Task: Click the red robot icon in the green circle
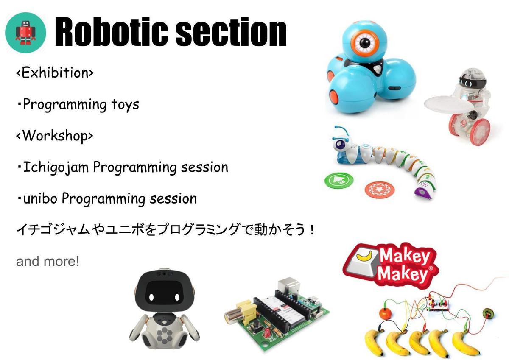pos(25,33)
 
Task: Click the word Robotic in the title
pos(111,32)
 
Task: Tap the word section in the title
pos(231,32)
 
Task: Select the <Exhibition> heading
pos(55,73)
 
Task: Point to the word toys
pos(125,105)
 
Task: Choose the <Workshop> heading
pos(55,136)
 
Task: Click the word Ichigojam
pos(56,167)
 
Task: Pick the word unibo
pos(40,198)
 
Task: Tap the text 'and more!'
pos(48,261)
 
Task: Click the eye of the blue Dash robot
pos(365,43)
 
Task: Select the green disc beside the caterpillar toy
pos(339,180)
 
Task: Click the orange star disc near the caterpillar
pos(380,189)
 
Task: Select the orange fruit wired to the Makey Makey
pos(385,314)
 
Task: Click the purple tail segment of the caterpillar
pos(424,193)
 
